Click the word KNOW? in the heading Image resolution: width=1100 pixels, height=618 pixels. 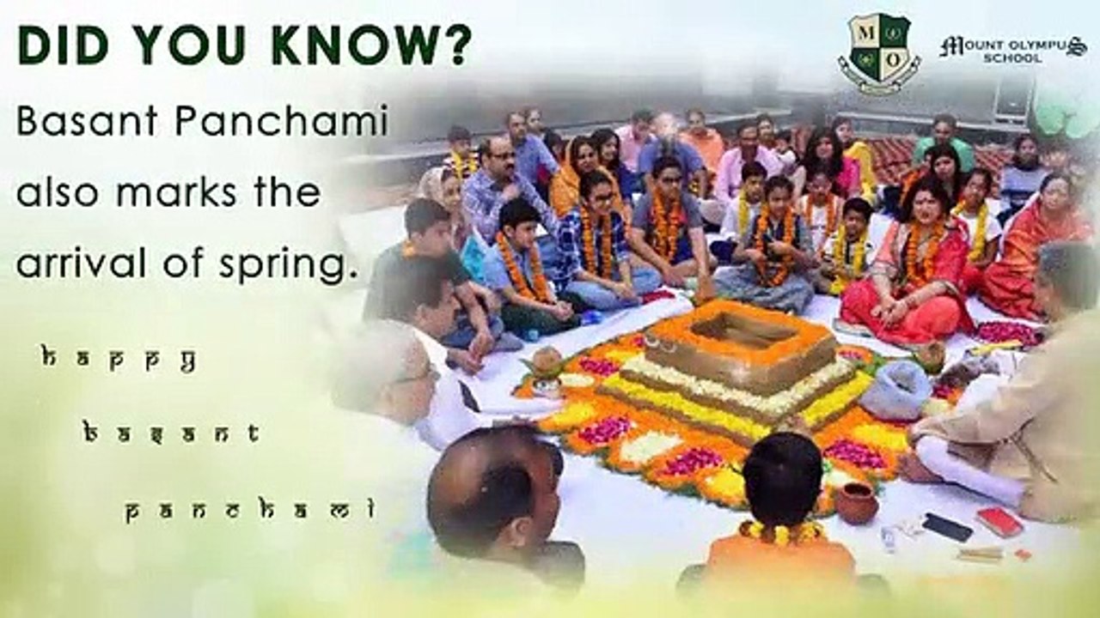click(371, 45)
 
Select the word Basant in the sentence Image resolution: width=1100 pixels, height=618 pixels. click(87, 121)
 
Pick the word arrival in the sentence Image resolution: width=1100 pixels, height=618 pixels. click(82, 263)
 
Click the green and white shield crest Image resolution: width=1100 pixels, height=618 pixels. click(879, 53)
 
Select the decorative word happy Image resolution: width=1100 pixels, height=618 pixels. click(119, 360)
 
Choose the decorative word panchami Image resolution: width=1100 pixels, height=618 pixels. click(250, 510)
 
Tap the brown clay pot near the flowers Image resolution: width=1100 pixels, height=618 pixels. click(857, 503)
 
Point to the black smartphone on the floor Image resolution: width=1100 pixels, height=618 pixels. click(947, 527)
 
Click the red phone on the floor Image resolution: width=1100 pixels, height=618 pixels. click(999, 520)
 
